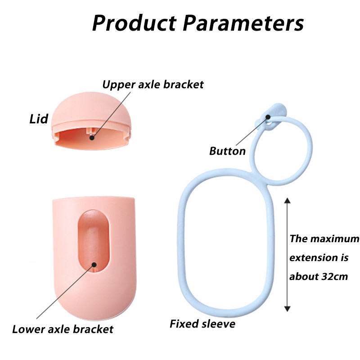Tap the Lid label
pyautogui.click(x=39, y=119)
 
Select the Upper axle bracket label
pyautogui.click(x=153, y=84)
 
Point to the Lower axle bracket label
pyautogui.click(x=63, y=329)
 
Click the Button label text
pyautogui.click(x=227, y=151)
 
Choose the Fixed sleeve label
pyautogui.click(x=202, y=324)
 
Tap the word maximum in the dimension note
pyautogui.click(x=333, y=238)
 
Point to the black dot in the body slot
pyautogui.click(x=95, y=264)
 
